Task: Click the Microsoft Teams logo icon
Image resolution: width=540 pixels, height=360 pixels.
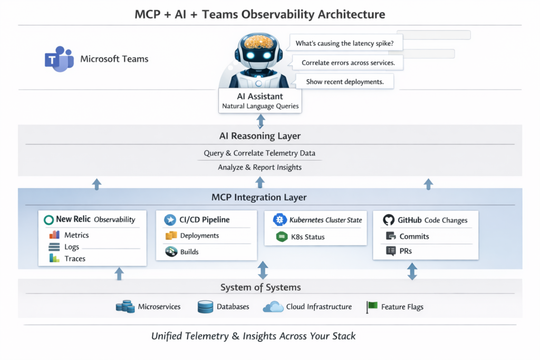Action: point(59,59)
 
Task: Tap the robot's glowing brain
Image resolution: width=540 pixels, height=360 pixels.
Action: point(258,42)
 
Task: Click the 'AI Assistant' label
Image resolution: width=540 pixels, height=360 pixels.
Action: point(260,96)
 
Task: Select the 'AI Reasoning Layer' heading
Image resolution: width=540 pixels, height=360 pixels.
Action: point(260,136)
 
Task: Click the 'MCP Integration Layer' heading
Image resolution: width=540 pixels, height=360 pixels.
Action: point(259,198)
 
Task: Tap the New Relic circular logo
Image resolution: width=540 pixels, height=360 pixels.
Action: point(49,220)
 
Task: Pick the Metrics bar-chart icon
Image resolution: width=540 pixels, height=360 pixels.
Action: point(54,235)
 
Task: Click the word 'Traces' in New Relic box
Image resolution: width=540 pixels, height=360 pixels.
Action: point(75,259)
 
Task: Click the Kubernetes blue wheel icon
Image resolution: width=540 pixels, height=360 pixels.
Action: point(279,220)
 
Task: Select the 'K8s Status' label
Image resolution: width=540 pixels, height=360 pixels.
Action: point(307,237)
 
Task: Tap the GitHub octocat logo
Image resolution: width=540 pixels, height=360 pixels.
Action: point(389,220)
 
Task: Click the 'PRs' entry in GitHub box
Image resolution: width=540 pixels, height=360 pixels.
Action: point(406,251)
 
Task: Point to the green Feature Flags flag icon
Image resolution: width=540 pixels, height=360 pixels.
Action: point(372,307)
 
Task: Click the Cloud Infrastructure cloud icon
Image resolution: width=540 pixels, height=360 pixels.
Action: point(273,307)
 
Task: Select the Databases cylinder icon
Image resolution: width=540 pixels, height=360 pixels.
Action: point(205,307)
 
